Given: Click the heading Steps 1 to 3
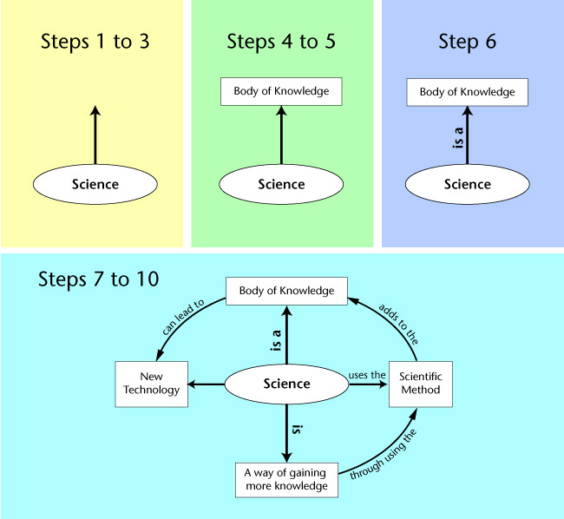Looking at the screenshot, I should coord(95,42).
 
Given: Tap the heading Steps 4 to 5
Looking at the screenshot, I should coord(281,42).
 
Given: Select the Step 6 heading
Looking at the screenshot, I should coord(467,42).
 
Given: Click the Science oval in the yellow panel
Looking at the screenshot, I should coord(95,184).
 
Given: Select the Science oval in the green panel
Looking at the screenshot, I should coord(281,184).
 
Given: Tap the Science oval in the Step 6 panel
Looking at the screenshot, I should coord(467,184).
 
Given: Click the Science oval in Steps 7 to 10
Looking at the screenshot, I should coord(286,384).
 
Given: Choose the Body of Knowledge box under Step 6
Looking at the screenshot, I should coord(467,92).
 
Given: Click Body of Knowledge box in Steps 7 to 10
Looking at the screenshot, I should coord(286,291).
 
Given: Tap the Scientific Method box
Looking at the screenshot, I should coord(421,384).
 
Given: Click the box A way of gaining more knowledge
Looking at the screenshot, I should coord(286,480).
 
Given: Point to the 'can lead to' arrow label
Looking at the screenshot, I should coord(182,319).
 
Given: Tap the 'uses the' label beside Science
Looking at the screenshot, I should coord(366,375).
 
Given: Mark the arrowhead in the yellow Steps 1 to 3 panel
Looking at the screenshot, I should coord(95,110).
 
